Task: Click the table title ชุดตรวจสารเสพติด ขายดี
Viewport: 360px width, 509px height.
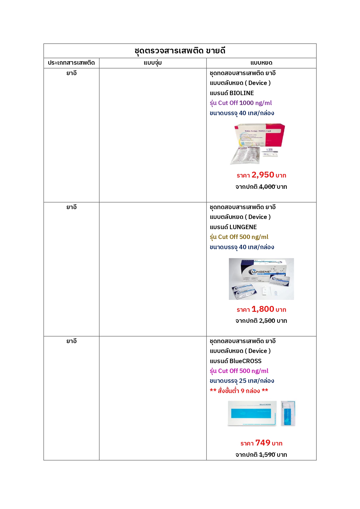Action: (x=180, y=51)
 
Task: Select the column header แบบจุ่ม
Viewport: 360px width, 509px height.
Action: (x=153, y=63)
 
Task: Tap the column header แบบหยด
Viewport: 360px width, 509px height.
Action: (x=261, y=63)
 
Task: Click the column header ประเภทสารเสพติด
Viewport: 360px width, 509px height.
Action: (x=71, y=63)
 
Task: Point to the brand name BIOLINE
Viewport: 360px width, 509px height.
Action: (x=242, y=93)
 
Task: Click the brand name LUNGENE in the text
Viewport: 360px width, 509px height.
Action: (x=243, y=227)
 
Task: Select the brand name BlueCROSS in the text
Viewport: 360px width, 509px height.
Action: (x=245, y=361)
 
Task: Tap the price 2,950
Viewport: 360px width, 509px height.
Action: (x=263, y=175)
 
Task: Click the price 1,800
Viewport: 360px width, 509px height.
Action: (x=263, y=309)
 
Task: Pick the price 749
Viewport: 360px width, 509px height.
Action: (x=263, y=443)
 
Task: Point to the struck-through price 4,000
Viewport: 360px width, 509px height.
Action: (x=267, y=187)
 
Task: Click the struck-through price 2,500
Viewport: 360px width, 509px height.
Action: (x=267, y=321)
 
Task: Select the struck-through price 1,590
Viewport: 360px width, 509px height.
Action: (x=267, y=455)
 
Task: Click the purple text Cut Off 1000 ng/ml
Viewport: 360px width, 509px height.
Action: (x=245, y=103)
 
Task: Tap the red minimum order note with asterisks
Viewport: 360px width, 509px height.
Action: (x=239, y=391)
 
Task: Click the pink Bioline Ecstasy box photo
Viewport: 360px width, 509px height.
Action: (x=258, y=144)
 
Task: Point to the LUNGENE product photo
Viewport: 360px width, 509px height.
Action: (x=261, y=279)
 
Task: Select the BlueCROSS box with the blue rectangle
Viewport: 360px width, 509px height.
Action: (x=252, y=413)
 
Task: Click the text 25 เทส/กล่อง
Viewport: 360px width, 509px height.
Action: (x=256, y=381)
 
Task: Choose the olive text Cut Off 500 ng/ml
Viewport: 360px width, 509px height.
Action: (x=243, y=237)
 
